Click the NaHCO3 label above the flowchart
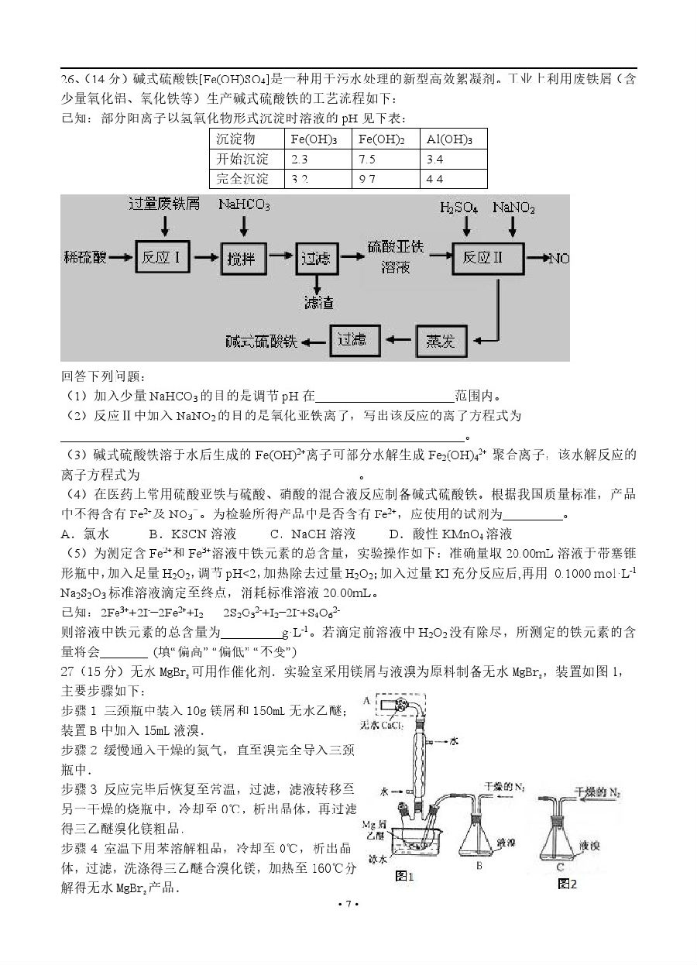click(244, 205)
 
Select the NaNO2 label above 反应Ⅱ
click(513, 208)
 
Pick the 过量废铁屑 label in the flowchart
click(164, 204)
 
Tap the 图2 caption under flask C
click(568, 883)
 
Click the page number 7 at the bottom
click(348, 904)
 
